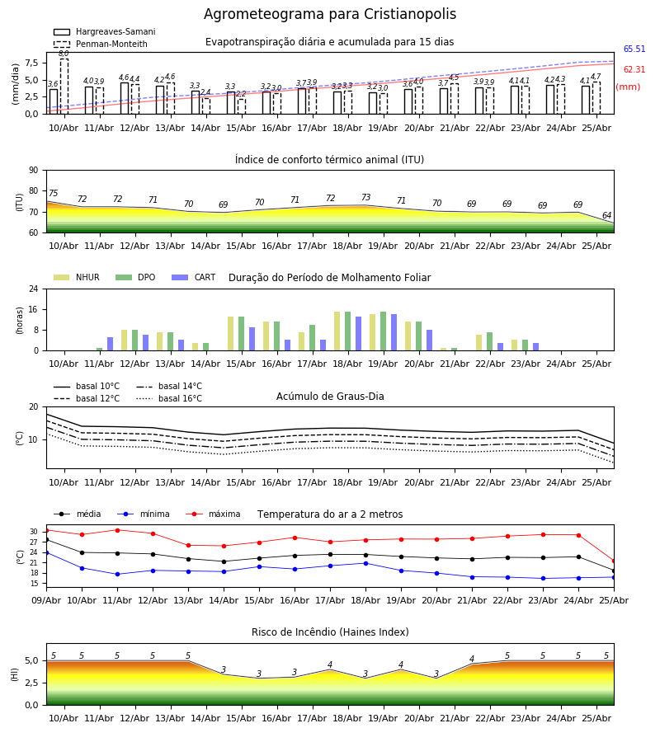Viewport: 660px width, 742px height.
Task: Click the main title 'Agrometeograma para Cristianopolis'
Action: (x=330, y=14)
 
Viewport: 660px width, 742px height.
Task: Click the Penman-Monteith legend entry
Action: (x=101, y=44)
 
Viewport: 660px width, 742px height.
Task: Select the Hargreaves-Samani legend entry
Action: (x=104, y=31)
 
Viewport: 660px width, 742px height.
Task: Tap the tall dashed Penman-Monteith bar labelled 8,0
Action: (x=64, y=86)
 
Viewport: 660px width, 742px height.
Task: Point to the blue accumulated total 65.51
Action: (x=634, y=49)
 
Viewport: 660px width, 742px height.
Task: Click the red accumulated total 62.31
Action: (x=634, y=69)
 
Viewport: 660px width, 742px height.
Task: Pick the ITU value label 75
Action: (x=53, y=193)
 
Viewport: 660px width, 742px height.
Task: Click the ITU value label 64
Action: (x=606, y=215)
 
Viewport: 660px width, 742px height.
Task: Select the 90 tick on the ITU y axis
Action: (x=34, y=171)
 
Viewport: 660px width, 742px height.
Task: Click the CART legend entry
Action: (x=193, y=277)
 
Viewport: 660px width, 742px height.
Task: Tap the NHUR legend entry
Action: (x=77, y=277)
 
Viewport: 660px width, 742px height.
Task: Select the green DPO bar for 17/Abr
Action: (x=313, y=338)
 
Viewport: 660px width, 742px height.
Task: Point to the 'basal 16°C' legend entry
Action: (x=169, y=398)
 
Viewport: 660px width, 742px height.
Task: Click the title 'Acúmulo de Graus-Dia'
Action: (x=330, y=397)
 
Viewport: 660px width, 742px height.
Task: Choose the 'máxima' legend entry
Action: (x=213, y=514)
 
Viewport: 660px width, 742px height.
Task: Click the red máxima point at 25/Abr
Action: (x=614, y=561)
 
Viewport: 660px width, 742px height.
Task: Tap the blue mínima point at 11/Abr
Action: (x=117, y=574)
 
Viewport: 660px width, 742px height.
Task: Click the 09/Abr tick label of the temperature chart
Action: (x=46, y=600)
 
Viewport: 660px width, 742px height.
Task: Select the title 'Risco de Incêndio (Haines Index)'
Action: (x=330, y=632)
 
